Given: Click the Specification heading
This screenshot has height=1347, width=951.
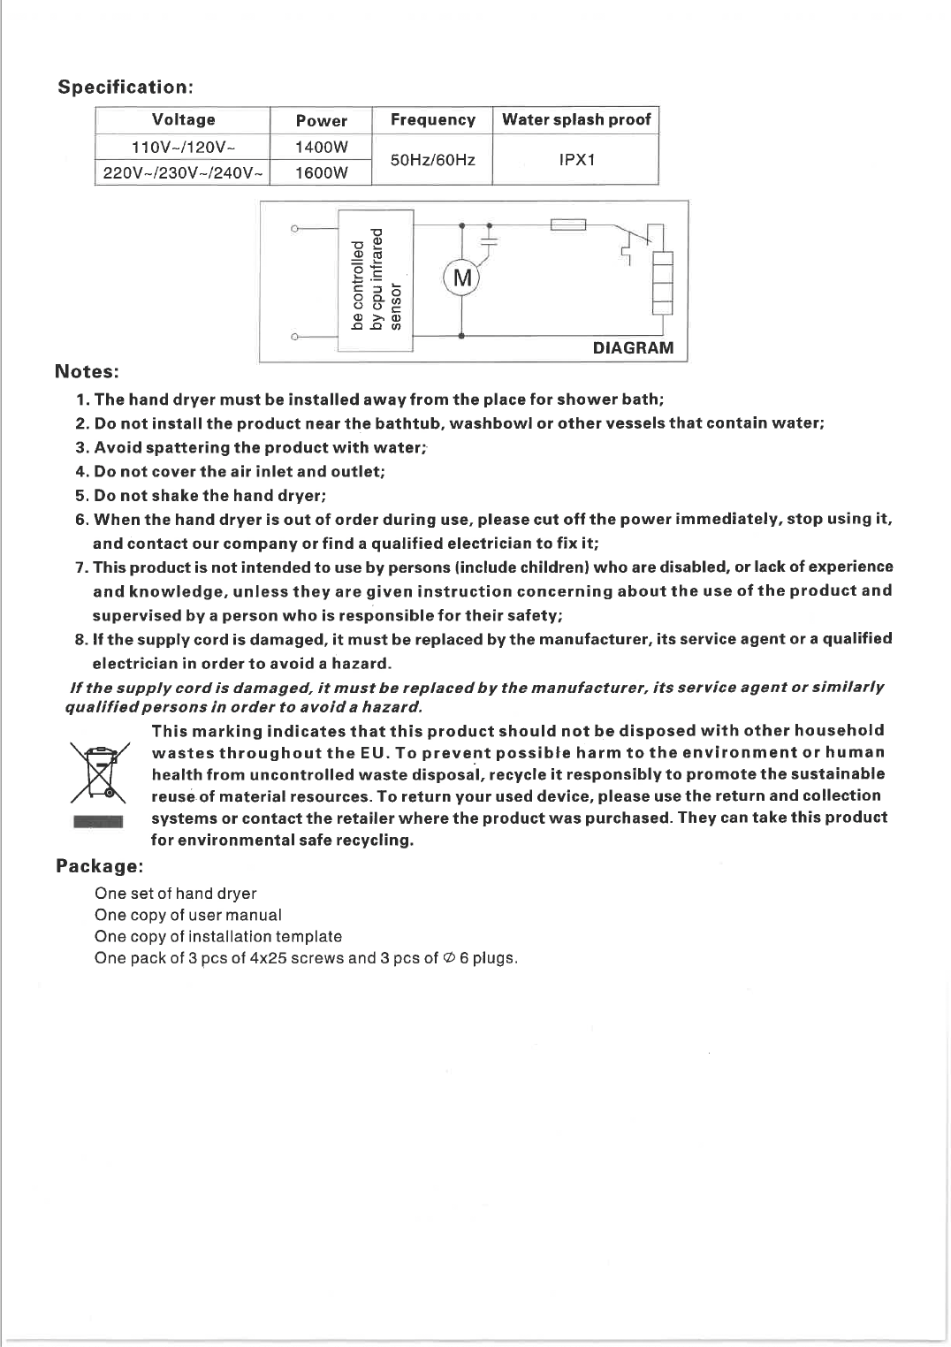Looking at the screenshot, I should pos(125,87).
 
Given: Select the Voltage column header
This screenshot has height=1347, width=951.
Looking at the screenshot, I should pos(183,119).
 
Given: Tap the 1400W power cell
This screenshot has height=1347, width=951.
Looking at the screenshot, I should pos(321,147).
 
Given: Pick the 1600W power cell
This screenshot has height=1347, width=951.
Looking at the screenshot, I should pos(321,172).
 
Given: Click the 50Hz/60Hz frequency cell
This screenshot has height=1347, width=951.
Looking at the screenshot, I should pos(432,160).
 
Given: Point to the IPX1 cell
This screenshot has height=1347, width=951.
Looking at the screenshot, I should pos(576,160).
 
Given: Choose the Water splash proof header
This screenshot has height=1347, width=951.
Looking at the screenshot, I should pos(576,119).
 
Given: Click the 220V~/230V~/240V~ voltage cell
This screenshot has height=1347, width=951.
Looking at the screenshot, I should pos(183,172).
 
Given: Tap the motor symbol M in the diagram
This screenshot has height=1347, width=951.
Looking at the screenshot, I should pos(461,279).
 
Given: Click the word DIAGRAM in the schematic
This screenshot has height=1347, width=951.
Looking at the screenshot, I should pos(633,347).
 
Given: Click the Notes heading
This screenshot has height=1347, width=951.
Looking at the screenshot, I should pos(87,371).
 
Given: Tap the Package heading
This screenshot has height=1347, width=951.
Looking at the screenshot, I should pos(99,865).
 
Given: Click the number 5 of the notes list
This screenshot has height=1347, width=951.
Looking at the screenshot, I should pos(80,496).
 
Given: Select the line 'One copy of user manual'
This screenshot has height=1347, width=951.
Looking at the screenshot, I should pos(188,915).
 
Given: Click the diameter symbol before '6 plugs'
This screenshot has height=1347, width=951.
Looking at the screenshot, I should pos(449,958).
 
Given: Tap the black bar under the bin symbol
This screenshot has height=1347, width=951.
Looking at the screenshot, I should pos(99,822).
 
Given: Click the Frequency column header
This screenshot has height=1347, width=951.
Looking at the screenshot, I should pos(432,119).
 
